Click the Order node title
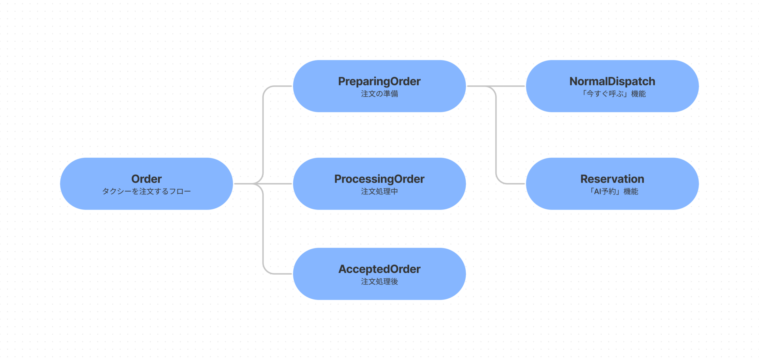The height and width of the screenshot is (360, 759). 146,179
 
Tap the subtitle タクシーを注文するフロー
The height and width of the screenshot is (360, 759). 146,192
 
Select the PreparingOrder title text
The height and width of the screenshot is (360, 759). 379,81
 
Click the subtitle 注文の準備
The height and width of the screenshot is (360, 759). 379,94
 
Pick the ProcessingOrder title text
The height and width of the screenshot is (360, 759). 379,179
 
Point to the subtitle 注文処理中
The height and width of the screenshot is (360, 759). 379,192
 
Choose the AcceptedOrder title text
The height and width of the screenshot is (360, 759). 379,269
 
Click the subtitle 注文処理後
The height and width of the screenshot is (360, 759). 379,282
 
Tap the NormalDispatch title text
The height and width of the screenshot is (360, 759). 612,81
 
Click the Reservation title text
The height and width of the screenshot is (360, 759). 612,179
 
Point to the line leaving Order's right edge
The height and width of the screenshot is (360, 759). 243,184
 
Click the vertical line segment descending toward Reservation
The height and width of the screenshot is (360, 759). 496,134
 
